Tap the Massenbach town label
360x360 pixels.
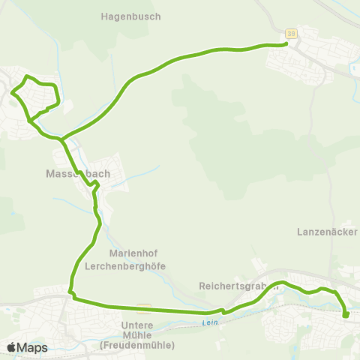point(78,174)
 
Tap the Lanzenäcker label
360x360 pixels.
point(327,230)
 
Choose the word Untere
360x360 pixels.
point(137,325)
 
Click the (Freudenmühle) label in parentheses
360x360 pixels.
point(136,345)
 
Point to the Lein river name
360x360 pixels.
point(208,323)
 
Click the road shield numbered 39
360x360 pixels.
point(291,33)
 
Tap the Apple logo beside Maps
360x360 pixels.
point(11,347)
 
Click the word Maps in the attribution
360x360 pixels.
point(32,347)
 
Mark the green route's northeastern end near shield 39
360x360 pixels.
point(286,44)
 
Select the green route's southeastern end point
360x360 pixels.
point(346,316)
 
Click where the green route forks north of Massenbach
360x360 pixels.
point(63,138)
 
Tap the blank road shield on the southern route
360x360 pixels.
point(143,307)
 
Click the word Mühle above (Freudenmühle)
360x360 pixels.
point(137,335)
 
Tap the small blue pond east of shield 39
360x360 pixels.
point(353,71)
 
